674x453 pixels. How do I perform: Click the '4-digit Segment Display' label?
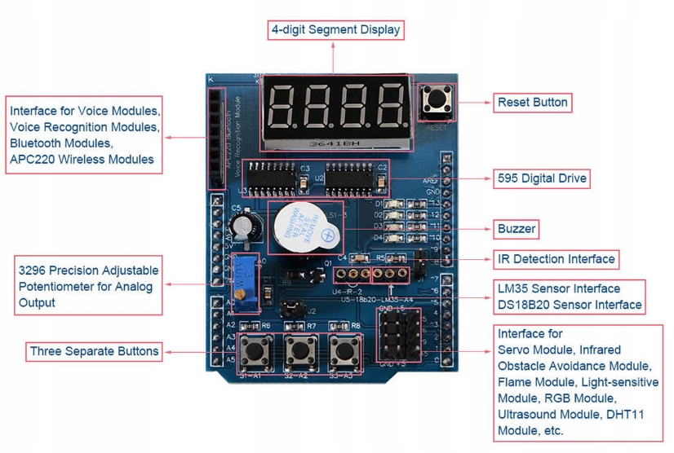pyautogui.click(x=336, y=30)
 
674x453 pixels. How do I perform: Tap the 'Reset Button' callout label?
pyautogui.click(x=533, y=103)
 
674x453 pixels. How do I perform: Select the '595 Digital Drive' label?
pyautogui.click(x=542, y=178)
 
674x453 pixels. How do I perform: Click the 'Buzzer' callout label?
pyautogui.click(x=517, y=229)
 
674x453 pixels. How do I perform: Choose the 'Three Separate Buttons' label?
pyautogui.click(x=95, y=352)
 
